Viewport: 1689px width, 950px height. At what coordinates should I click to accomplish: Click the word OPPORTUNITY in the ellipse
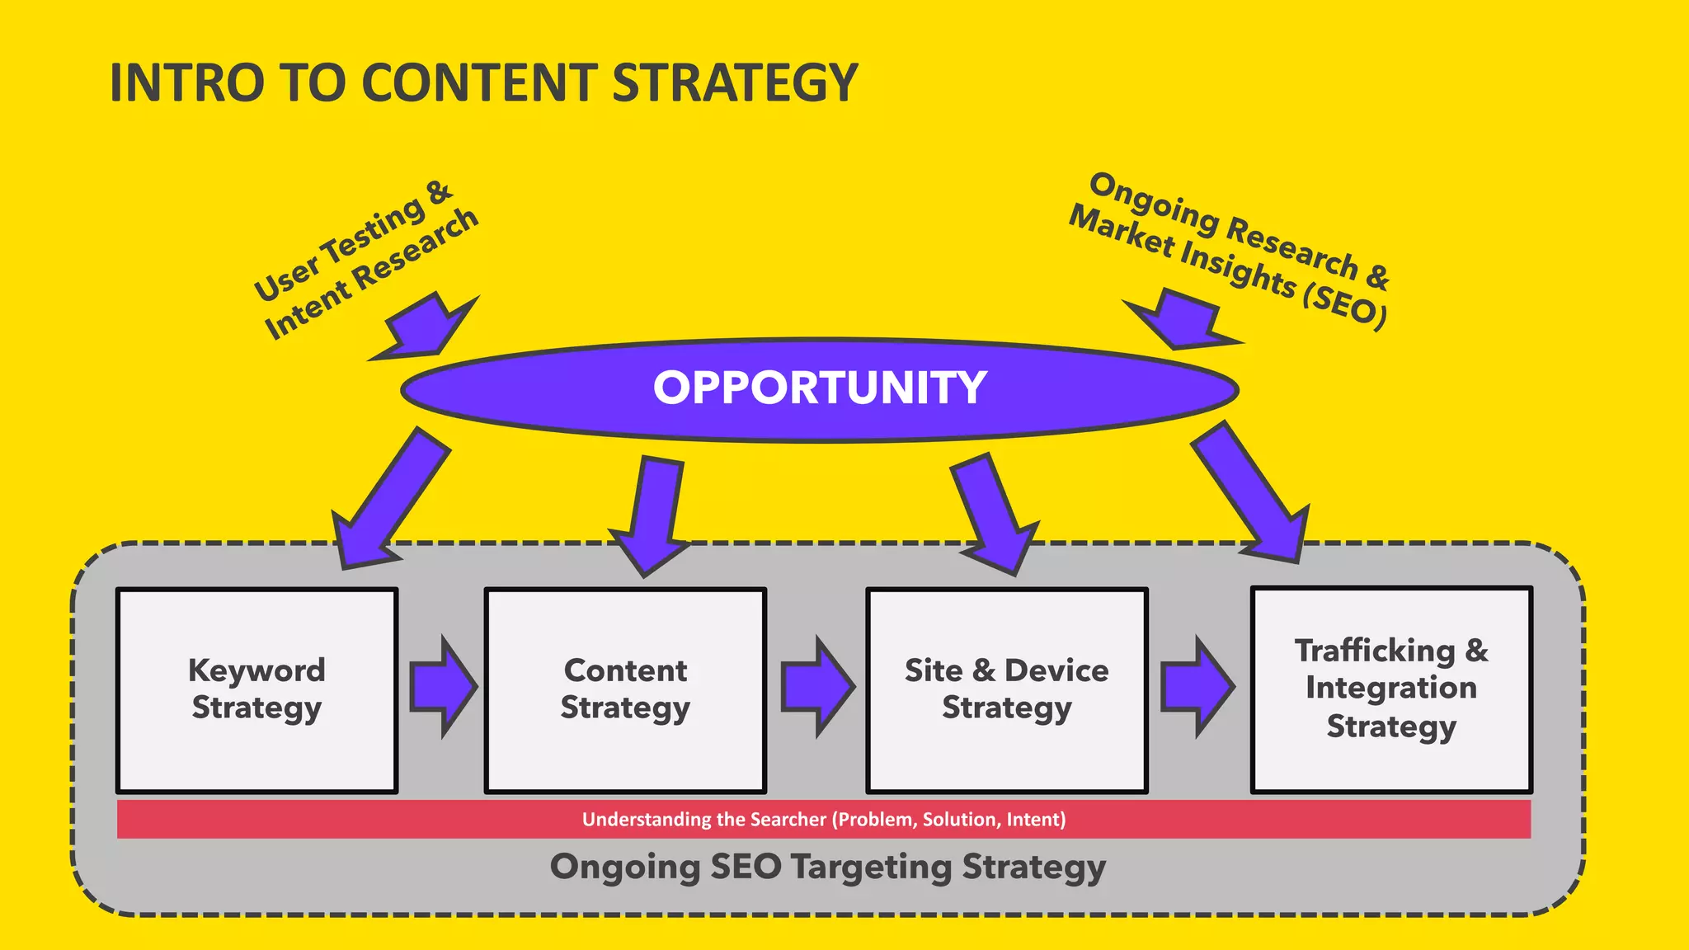(x=820, y=388)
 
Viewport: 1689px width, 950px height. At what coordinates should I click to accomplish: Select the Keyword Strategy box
(x=256, y=690)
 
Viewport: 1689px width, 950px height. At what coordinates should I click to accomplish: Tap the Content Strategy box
(x=625, y=690)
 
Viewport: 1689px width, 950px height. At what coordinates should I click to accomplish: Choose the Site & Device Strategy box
(x=1006, y=690)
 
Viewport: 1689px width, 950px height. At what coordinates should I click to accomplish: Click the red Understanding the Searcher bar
(x=823, y=820)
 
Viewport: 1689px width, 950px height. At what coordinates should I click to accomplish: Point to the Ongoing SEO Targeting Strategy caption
(x=827, y=868)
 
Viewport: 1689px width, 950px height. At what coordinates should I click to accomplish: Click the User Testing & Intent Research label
(x=366, y=259)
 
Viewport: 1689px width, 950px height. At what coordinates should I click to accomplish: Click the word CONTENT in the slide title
(x=479, y=83)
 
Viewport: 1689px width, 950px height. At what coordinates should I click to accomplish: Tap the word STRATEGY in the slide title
(x=735, y=83)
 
